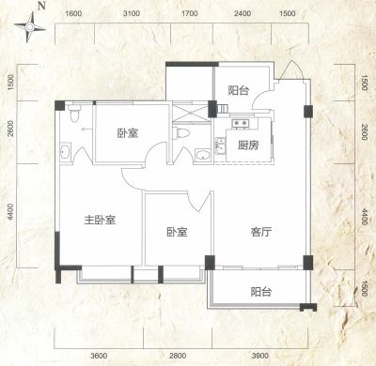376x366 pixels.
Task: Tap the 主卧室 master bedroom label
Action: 100,220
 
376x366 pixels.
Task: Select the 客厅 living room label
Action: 261,232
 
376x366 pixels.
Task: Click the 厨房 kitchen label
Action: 248,145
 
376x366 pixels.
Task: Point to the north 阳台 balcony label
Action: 239,90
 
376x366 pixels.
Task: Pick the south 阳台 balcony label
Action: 261,292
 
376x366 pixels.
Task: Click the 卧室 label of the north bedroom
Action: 128,133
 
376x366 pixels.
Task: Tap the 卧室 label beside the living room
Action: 177,232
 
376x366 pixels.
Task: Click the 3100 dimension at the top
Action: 132,13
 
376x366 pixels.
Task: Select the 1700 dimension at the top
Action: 190,13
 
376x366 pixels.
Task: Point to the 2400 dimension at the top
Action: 243,13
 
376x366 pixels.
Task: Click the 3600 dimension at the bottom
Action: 99,356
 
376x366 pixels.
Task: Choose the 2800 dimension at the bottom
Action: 178,356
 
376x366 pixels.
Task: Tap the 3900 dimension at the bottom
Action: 260,356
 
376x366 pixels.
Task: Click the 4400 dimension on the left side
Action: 11,212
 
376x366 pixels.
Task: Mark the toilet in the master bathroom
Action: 74,113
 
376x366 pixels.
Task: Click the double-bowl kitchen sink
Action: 241,123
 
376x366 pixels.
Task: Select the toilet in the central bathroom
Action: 181,133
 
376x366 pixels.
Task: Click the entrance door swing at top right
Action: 291,69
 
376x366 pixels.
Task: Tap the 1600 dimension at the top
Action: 74,13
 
